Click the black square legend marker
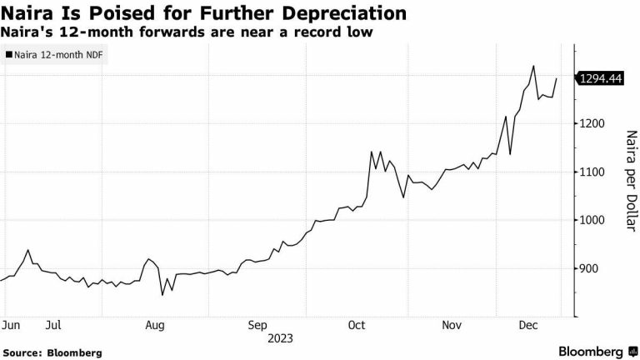[x=8, y=56]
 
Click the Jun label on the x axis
[x=11, y=325]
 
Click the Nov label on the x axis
[x=452, y=325]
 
